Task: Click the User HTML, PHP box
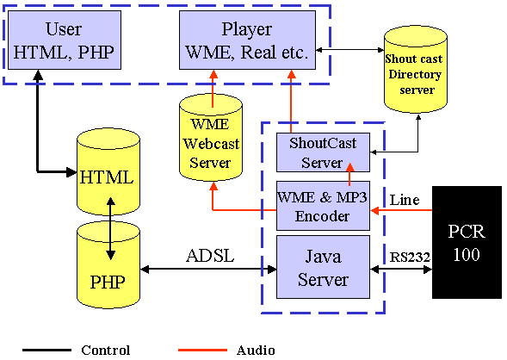(x=65, y=41)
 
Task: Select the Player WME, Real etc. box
(x=247, y=41)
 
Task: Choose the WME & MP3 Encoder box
(x=323, y=205)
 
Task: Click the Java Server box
(x=323, y=267)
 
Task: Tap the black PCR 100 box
(x=467, y=242)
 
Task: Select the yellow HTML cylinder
(x=107, y=177)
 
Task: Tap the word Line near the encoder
(x=404, y=200)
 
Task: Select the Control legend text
(x=106, y=350)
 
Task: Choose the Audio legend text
(x=256, y=350)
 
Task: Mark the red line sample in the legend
(x=203, y=351)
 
